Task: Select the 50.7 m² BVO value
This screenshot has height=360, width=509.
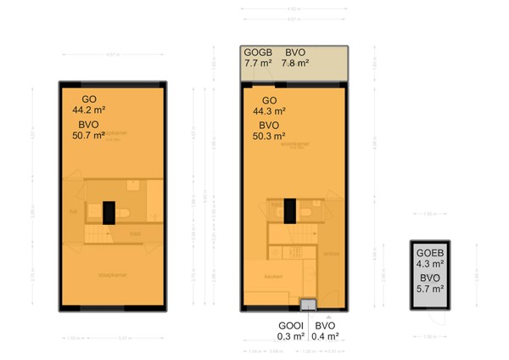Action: tap(88, 134)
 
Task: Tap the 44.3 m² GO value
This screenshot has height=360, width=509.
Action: tap(269, 110)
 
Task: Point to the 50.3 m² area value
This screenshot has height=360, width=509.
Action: tap(269, 134)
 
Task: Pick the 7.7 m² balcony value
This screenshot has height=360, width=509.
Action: tap(258, 62)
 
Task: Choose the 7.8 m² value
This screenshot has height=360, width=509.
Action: tap(296, 62)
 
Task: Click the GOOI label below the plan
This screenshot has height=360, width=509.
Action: tap(290, 325)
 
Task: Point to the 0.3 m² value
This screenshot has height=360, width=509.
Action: tap(290, 336)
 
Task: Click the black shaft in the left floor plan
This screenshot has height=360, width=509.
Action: tap(108, 211)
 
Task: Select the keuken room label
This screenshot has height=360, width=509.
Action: tap(273, 275)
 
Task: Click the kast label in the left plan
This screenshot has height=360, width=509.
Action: tap(134, 233)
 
